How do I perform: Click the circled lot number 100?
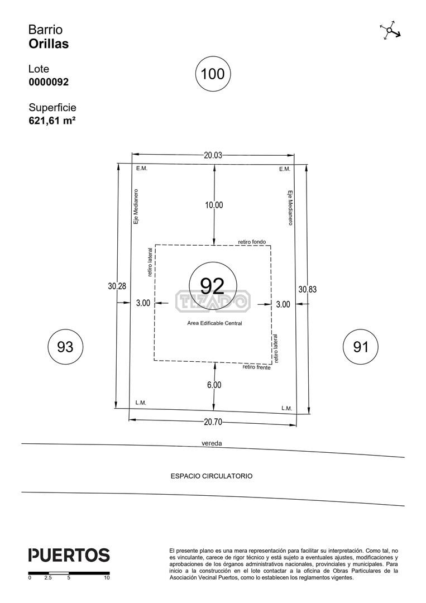213,74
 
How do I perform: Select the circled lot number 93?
65,347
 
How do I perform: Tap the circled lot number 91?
361,347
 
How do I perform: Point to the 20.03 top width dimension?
213,155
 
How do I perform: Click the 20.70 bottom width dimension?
213,422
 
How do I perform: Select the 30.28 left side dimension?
117,286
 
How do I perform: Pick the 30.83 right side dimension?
308,289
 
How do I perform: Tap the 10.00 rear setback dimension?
214,205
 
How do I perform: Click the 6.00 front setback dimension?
214,385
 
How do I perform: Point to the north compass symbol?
390,30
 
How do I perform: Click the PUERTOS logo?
69,556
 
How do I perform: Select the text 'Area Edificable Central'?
214,323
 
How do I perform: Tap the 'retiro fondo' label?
252,242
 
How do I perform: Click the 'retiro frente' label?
256,367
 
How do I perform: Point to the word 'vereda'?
212,443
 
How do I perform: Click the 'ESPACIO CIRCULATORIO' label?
212,476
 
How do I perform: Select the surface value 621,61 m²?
52,121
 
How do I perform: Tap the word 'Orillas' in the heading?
49,44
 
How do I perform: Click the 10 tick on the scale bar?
107,578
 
